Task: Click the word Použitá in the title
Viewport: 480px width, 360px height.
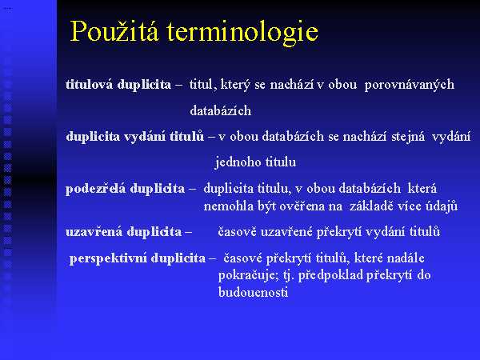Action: (x=114, y=31)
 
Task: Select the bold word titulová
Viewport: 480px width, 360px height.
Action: (x=89, y=84)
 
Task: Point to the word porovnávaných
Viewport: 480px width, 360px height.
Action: (x=410, y=85)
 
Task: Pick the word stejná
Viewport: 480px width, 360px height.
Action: (x=408, y=137)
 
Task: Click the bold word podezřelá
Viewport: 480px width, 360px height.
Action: (x=95, y=189)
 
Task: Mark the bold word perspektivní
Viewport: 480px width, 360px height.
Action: (x=108, y=258)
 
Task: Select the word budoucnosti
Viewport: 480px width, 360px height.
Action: (x=253, y=292)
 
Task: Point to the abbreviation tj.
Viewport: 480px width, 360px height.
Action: (x=288, y=276)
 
